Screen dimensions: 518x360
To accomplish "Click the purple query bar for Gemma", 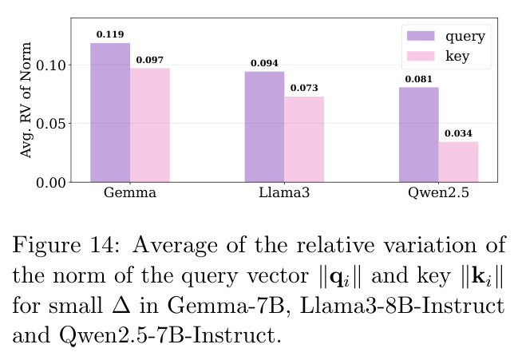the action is (110, 113).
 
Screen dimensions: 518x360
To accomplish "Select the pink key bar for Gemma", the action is (150, 125).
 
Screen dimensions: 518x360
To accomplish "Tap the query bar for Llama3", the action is (265, 127).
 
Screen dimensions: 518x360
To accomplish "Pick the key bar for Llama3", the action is (304, 139).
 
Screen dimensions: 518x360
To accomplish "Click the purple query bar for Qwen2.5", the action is (419, 135).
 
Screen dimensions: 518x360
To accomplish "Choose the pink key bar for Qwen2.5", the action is (458, 162).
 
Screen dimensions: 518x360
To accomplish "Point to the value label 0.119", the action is (110, 34).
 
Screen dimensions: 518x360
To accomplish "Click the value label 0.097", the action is (150, 60).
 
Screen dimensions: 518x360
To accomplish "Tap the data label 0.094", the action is (265, 63).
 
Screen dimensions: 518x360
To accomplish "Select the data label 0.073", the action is (304, 88).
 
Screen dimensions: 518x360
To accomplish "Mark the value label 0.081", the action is (419, 79).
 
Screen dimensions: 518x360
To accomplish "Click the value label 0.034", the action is (458, 133).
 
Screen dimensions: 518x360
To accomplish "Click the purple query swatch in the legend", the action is (421, 36).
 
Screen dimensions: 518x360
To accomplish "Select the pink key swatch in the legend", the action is (421, 56).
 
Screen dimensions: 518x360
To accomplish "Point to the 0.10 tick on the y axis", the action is (51, 65).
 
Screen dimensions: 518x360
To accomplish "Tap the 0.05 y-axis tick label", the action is (51, 124).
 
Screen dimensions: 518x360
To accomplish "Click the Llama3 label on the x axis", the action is (284, 192).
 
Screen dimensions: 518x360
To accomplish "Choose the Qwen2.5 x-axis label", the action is (439, 193).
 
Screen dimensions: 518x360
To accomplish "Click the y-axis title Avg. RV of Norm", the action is (26, 100).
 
